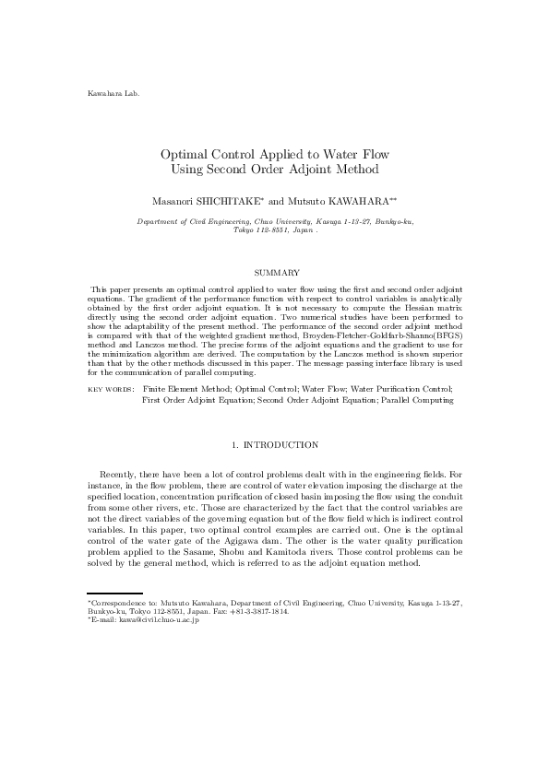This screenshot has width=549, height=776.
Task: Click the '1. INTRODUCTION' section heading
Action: (275, 445)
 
